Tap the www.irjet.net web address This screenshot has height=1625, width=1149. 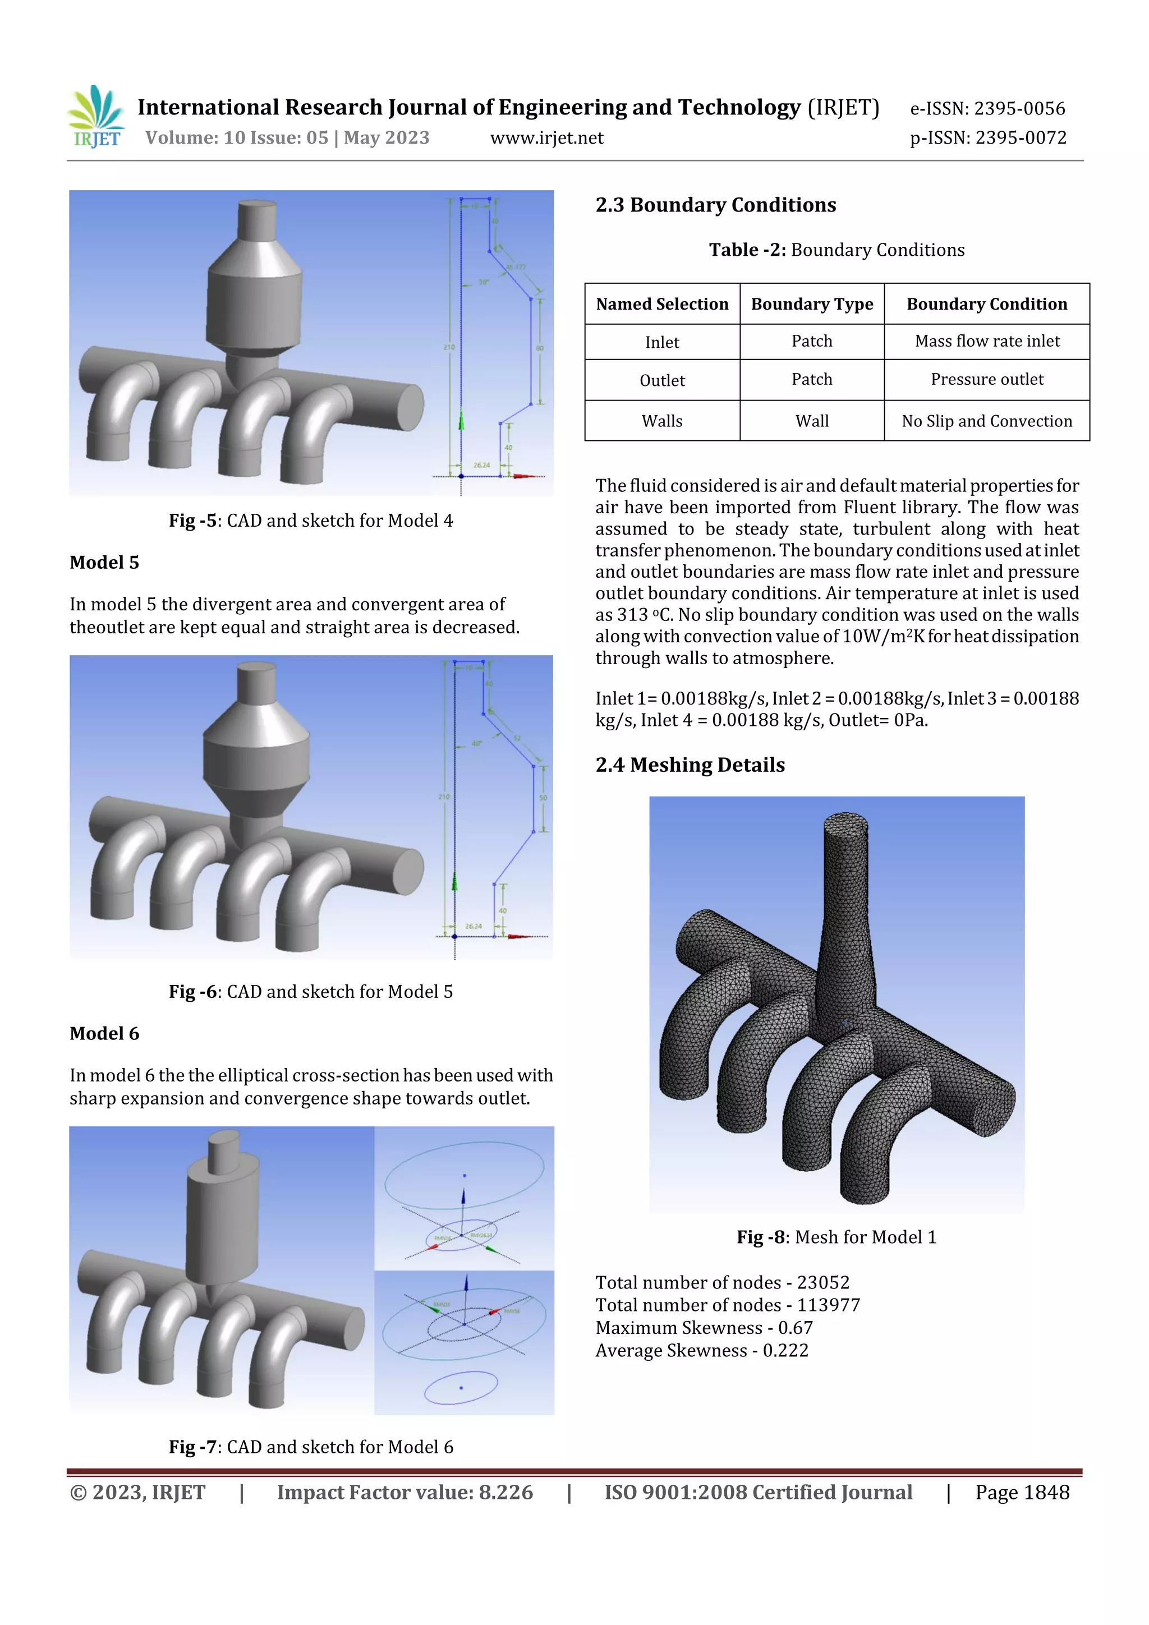[x=546, y=138]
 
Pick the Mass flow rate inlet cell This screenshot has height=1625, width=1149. [x=986, y=341]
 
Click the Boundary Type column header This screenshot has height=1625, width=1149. [x=811, y=305]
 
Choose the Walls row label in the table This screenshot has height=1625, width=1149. [x=661, y=421]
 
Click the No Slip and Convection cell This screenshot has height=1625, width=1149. [x=986, y=421]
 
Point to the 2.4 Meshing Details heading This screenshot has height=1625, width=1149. [x=690, y=765]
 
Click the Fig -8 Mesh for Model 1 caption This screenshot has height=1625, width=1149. [x=835, y=1237]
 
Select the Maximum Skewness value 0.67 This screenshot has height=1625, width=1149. [x=795, y=1328]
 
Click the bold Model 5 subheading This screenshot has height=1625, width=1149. [x=104, y=563]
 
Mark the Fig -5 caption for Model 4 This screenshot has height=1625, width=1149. [x=310, y=521]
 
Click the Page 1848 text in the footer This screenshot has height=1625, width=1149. [x=1022, y=1493]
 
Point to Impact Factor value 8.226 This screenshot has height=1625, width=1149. [x=405, y=1493]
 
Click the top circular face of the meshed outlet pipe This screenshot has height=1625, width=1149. [x=845, y=825]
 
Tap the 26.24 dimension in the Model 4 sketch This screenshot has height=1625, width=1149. [x=481, y=465]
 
